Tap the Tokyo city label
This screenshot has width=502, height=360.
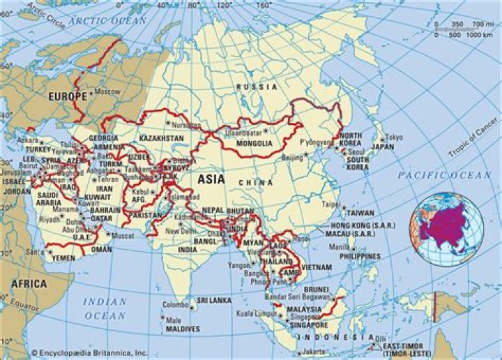(x=394, y=137)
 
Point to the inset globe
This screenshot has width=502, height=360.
(x=446, y=229)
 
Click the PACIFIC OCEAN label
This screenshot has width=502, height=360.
(x=445, y=175)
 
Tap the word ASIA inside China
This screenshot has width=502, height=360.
(x=211, y=179)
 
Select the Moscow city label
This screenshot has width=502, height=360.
(x=107, y=92)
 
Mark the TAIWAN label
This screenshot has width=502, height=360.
(x=360, y=212)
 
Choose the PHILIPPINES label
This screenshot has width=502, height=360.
(x=360, y=256)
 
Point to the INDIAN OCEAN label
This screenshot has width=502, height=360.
(x=105, y=308)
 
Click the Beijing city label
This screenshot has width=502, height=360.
(x=293, y=158)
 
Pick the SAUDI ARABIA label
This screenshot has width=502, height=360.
(x=48, y=199)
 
